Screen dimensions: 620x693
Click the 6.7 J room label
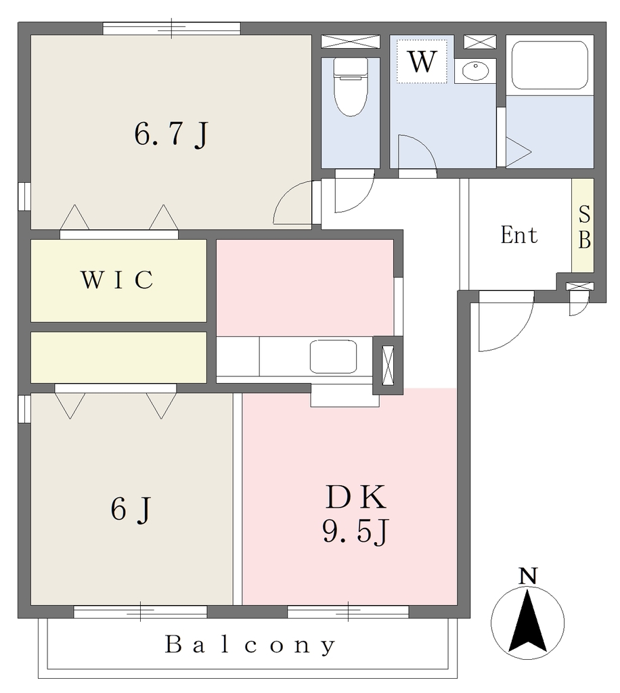click(x=171, y=135)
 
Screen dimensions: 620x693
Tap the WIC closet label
click(x=117, y=280)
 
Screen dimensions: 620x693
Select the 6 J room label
click(x=131, y=509)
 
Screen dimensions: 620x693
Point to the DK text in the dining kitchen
click(x=356, y=497)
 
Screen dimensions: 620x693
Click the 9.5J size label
click(x=355, y=531)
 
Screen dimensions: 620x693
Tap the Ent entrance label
click(x=519, y=235)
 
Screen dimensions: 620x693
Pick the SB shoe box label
click(x=584, y=227)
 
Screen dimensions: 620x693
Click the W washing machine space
click(x=422, y=61)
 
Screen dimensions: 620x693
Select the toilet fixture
click(x=351, y=87)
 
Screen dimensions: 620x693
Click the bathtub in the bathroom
click(x=550, y=65)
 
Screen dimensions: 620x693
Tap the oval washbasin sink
click(x=475, y=70)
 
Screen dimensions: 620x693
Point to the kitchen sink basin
click(x=333, y=356)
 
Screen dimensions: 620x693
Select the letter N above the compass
click(x=528, y=577)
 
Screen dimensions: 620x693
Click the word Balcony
click(x=250, y=645)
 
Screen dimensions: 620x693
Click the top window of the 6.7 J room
click(x=171, y=28)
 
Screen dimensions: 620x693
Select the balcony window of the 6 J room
click(x=140, y=612)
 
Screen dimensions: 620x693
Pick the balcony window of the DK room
click(x=348, y=612)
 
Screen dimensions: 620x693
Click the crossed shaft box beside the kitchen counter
click(x=388, y=365)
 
